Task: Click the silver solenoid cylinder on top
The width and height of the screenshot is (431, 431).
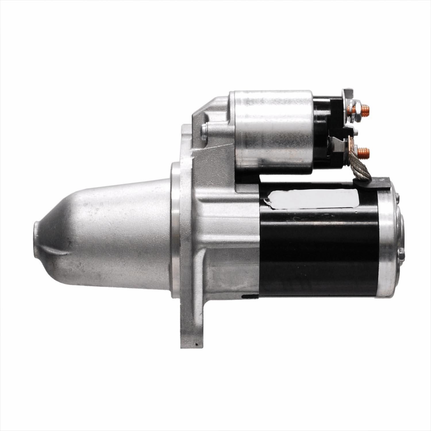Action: point(273,131)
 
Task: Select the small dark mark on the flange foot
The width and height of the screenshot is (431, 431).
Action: point(197,343)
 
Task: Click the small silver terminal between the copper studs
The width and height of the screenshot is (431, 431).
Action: point(356,133)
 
